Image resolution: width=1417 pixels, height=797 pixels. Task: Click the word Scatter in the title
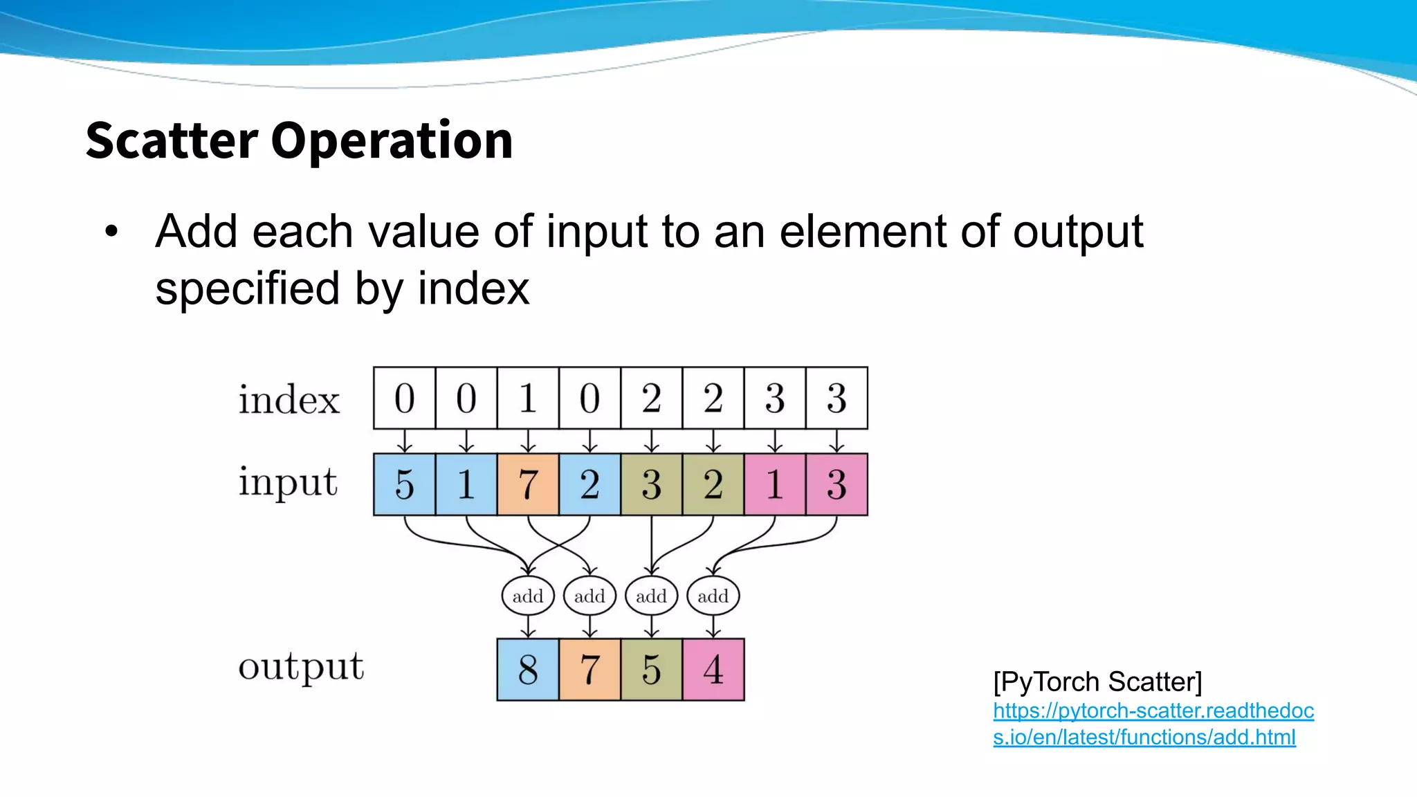172,140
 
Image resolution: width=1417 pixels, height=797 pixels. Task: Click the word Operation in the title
392,140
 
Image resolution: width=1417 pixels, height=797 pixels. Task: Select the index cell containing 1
527,398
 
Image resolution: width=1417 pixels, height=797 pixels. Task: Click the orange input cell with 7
527,484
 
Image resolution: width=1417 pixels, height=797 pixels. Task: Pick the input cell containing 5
404,484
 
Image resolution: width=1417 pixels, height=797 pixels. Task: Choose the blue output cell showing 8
527,670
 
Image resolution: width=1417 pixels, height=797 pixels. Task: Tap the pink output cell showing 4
713,670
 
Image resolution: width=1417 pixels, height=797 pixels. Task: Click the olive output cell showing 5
651,670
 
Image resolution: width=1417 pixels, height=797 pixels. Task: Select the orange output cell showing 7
589,670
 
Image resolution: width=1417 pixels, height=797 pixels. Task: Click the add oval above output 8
527,596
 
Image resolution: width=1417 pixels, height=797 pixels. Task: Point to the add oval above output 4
713,596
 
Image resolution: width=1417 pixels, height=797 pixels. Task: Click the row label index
289,400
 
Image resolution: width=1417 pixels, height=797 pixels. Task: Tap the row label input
288,483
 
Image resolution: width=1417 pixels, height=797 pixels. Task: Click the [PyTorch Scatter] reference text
1097,682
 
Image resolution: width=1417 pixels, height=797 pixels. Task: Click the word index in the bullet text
473,288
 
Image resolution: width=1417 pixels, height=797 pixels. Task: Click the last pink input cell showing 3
837,484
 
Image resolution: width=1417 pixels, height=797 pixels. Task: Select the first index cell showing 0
404,398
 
